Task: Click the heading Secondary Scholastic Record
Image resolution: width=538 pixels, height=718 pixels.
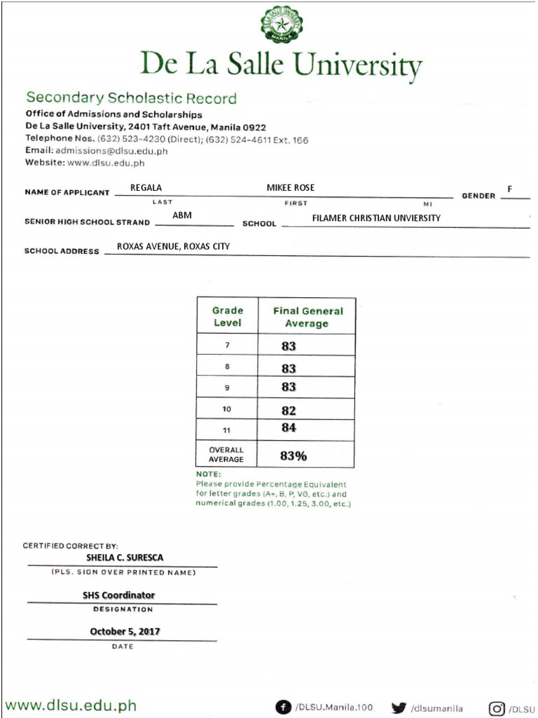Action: [131, 98]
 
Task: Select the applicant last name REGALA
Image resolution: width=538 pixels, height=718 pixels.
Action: [146, 188]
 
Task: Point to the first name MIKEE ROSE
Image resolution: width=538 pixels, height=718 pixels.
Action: [291, 188]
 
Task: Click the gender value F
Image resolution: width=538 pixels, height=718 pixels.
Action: [510, 189]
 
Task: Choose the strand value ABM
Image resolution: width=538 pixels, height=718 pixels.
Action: [182, 216]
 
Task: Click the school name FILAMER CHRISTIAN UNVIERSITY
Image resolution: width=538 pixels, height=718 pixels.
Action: [376, 218]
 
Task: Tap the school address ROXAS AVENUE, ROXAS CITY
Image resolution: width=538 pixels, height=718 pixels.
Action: [173, 247]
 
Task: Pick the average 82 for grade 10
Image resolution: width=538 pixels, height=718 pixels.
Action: [289, 410]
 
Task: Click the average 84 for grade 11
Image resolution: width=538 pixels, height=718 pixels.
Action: [289, 428]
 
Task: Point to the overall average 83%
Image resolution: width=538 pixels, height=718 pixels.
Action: [294, 456]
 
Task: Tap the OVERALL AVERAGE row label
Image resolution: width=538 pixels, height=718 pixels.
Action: [226, 454]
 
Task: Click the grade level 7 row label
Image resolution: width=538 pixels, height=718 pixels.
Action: [227, 346]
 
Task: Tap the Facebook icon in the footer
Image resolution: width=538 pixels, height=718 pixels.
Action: [283, 708]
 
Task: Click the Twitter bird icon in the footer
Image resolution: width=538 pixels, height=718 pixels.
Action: [399, 708]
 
